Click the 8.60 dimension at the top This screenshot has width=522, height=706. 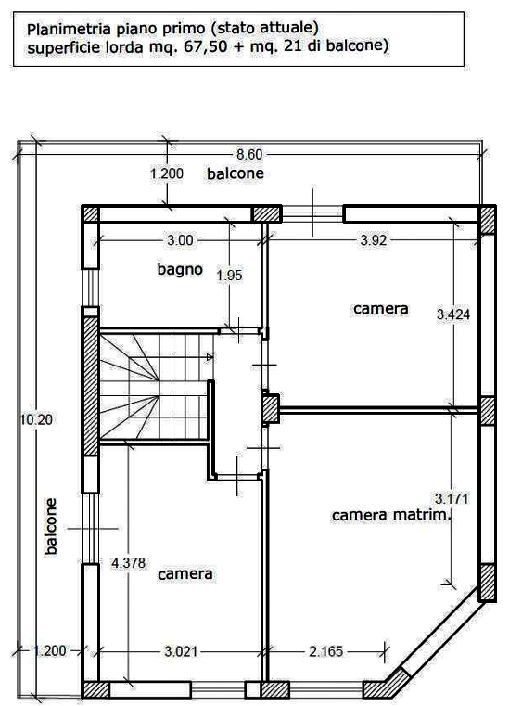coord(249,154)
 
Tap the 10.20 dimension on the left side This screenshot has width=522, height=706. coord(36,419)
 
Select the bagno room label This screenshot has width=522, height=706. coord(180,269)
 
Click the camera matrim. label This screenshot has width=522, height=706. coord(391,515)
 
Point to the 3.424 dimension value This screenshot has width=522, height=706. coord(453,314)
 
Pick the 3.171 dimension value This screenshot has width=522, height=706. coord(452,498)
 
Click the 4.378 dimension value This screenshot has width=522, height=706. coord(128,563)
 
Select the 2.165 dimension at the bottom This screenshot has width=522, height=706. coord(326,651)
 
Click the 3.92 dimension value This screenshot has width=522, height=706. coord(374,240)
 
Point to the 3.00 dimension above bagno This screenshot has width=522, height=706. coord(180,240)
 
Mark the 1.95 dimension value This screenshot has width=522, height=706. coord(230,276)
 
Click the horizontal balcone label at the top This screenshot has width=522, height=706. coord(236,173)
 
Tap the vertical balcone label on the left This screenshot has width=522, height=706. coord(51,526)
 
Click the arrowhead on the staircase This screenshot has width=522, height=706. coord(210,357)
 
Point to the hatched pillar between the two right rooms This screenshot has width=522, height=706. coord(271,409)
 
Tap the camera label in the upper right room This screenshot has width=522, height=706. coord(381,308)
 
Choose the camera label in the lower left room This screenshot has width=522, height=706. coord(185,574)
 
